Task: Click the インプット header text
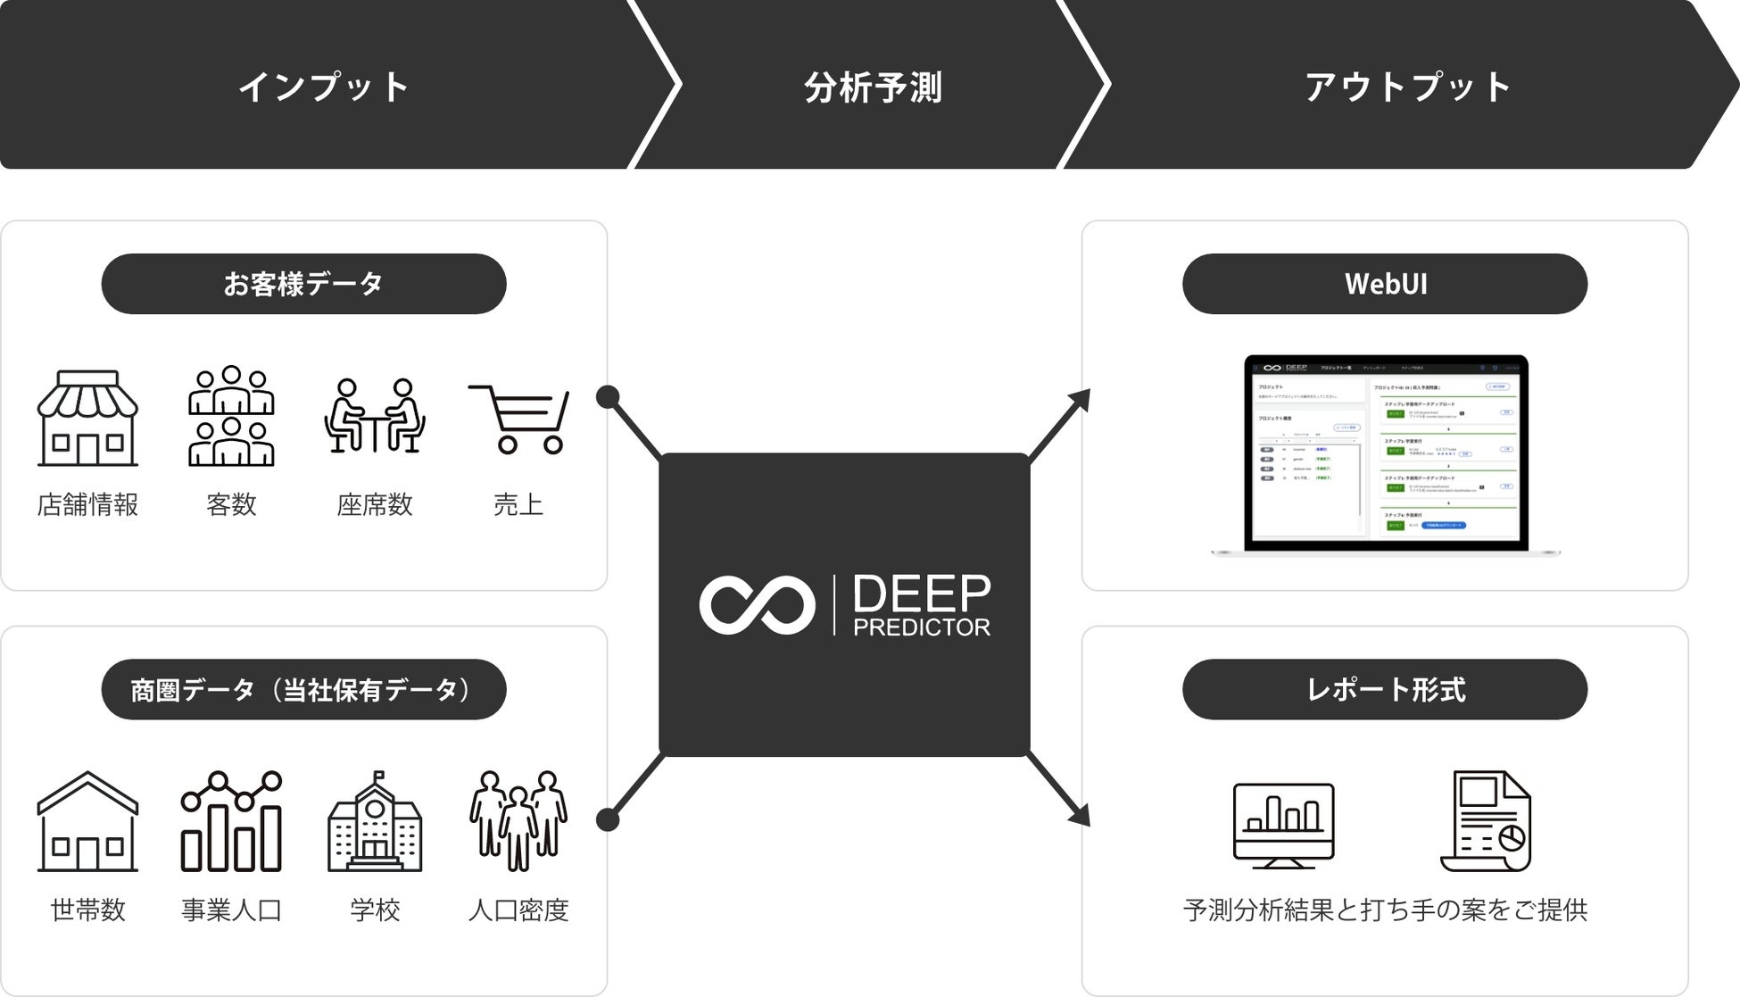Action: (x=324, y=87)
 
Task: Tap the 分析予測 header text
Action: (x=873, y=87)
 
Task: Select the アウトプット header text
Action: (x=1408, y=87)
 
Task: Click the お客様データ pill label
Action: (x=303, y=284)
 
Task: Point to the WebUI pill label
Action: (x=1385, y=284)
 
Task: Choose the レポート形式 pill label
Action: (x=1385, y=689)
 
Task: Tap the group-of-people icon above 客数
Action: (x=231, y=416)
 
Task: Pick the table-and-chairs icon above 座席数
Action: (x=375, y=416)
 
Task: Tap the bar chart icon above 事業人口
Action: (x=231, y=821)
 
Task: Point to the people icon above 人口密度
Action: (x=518, y=821)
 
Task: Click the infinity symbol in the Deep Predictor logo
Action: (x=757, y=605)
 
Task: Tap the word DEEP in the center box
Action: (x=922, y=594)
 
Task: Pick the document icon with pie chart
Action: (x=1486, y=821)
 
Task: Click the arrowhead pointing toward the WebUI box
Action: (x=1081, y=399)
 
